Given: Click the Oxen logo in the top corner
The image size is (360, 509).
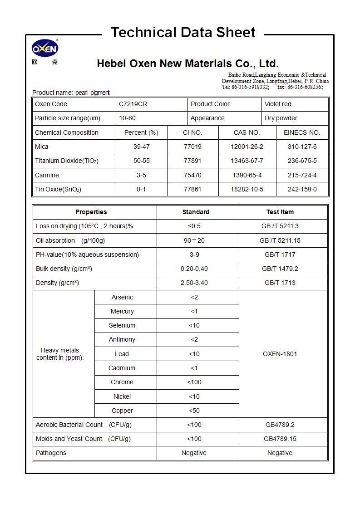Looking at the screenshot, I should tap(44, 49).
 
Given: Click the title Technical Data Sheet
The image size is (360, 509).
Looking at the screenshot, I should tap(183, 32).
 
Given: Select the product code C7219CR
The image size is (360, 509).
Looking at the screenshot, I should tap(133, 104).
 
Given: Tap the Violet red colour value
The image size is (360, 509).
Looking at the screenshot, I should tap(278, 104).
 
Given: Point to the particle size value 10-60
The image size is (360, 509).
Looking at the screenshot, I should tap(128, 118).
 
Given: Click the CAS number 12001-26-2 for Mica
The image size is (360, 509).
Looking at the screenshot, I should tap(247, 147).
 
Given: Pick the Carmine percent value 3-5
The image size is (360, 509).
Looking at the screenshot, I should tap(141, 175).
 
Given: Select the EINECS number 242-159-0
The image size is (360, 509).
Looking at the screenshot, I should tap(302, 189).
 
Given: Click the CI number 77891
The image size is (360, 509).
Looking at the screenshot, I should tap(192, 161).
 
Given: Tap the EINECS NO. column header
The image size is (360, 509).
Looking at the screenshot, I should tap(302, 132).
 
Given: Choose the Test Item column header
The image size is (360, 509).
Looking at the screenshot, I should tap(280, 212).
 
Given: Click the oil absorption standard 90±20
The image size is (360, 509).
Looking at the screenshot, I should tap(194, 240).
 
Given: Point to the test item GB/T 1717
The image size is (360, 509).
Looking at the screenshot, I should tap(280, 254).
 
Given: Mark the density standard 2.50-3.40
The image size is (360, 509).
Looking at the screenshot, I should tap(194, 283).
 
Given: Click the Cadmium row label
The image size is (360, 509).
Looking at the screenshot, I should tap(122, 368).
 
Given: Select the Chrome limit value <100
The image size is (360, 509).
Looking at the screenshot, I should tap(194, 382).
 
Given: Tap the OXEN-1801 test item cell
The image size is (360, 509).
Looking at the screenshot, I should tap(280, 354).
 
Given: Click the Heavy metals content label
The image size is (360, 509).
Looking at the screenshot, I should tap(60, 354).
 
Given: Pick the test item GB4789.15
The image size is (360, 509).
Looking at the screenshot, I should tap(280, 439).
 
